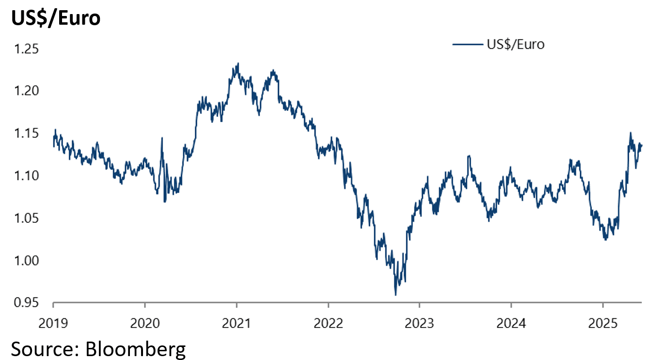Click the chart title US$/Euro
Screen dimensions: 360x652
55,18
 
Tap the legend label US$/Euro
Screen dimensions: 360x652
515,45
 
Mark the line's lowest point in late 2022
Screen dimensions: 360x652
396,295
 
